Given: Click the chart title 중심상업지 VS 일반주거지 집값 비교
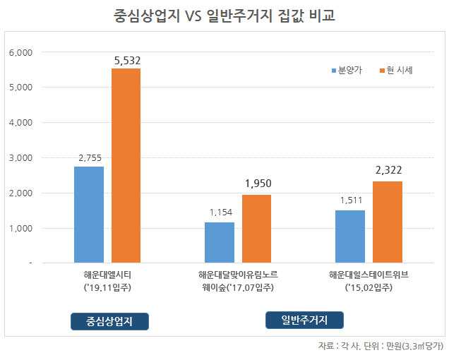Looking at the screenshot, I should (224, 16).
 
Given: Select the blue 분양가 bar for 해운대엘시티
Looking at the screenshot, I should (88, 214).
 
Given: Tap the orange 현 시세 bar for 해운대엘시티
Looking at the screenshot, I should (126, 165).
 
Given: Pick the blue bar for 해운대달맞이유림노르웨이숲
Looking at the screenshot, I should (219, 242).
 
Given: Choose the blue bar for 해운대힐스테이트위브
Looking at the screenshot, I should (350, 236).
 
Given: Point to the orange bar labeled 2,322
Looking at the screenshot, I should (388, 222).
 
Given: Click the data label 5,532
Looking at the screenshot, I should (127, 61).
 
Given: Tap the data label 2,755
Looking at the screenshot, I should (90, 159).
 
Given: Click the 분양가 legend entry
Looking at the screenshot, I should (347, 70).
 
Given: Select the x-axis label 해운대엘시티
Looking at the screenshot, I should (107, 274).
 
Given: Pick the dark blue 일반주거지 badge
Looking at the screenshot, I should (305, 320).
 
